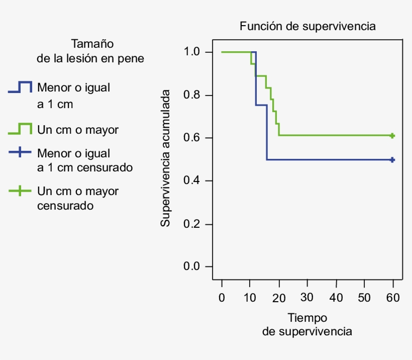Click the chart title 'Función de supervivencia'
[307, 26]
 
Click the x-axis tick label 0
[222, 298]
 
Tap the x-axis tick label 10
[250, 298]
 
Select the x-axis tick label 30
[307, 298]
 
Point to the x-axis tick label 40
[336, 298]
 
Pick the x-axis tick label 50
[365, 298]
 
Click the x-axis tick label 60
[393, 298]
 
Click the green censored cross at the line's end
[392, 136]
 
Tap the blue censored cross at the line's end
[392, 160]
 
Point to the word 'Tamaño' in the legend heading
[90, 43]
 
